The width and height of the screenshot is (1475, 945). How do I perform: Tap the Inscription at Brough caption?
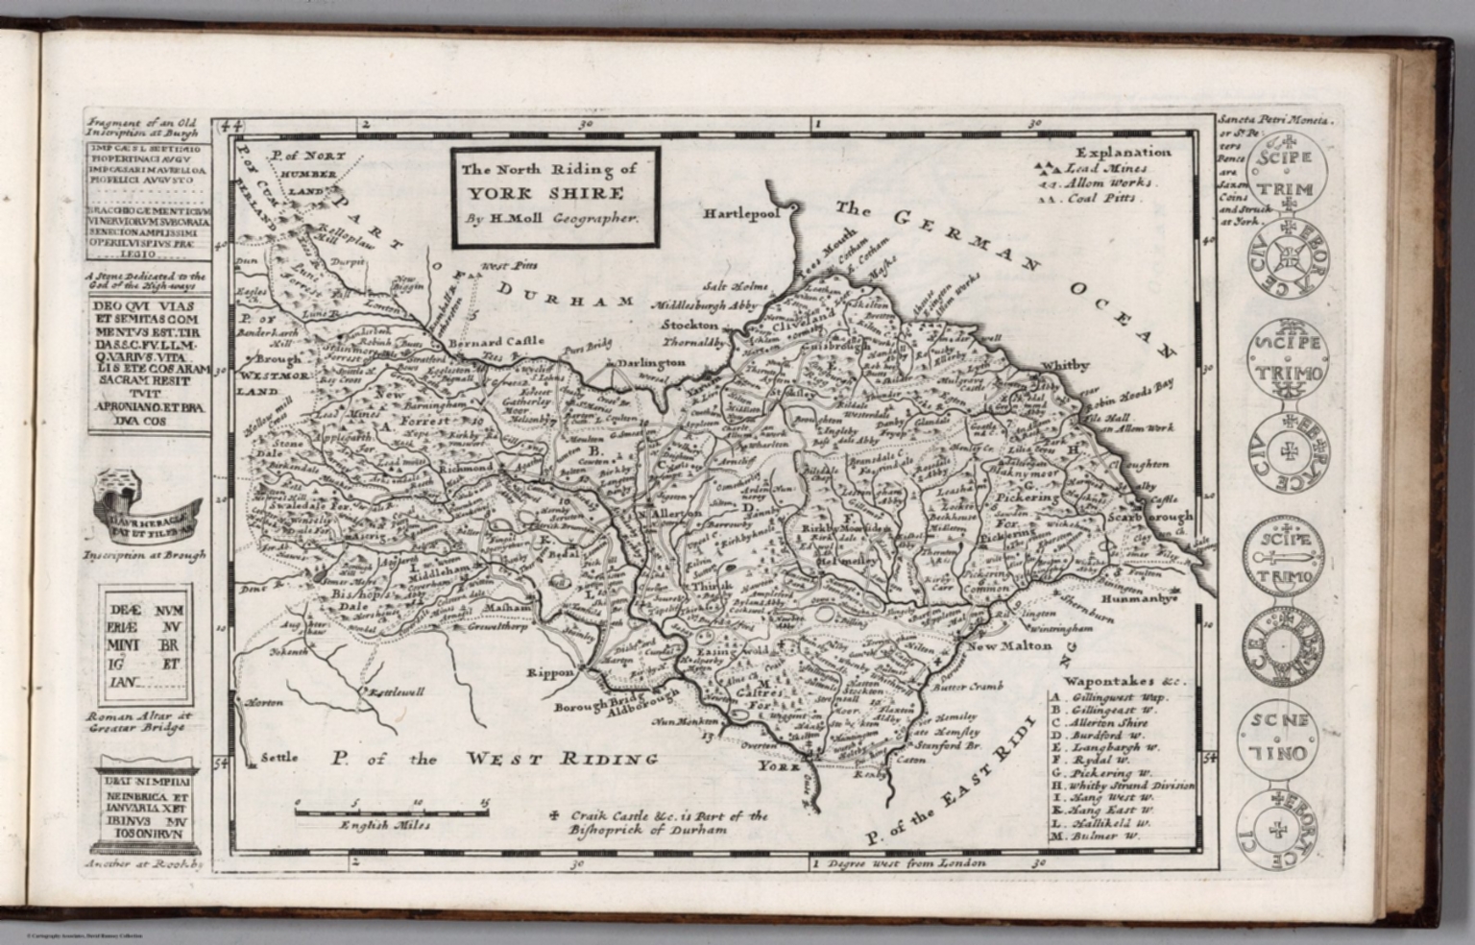[144, 554]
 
